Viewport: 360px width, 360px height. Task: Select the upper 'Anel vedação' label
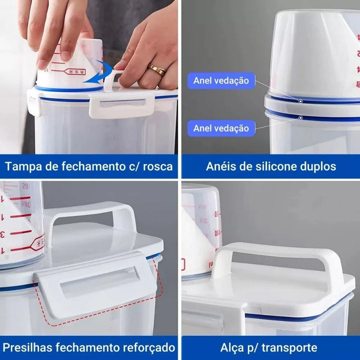[221, 80]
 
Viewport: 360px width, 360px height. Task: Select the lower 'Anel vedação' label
[221, 128]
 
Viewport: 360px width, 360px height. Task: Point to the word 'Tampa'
[23, 166]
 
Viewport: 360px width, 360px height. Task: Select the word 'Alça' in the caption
[231, 347]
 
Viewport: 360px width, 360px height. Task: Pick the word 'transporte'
[289, 347]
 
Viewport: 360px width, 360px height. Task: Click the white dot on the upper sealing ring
[301, 100]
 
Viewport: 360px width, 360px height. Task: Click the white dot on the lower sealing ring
[301, 118]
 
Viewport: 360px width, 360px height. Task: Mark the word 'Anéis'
[219, 166]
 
